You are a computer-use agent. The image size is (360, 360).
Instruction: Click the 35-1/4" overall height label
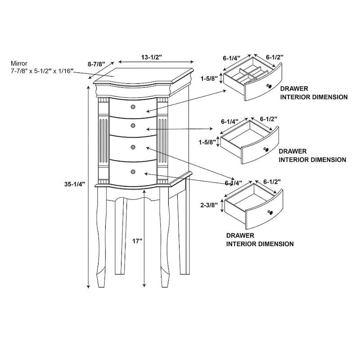tap(74, 184)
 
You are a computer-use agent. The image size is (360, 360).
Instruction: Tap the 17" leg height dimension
tap(137, 241)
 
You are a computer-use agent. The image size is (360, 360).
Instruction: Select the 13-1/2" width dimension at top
tap(152, 57)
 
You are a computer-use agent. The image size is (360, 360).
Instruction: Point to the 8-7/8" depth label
tap(96, 64)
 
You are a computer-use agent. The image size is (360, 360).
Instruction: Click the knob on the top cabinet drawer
tap(133, 106)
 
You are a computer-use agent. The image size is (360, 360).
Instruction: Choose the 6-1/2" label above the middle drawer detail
tap(269, 119)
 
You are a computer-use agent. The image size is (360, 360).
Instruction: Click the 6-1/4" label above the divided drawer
tap(232, 58)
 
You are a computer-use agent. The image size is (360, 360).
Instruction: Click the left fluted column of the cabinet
tap(103, 139)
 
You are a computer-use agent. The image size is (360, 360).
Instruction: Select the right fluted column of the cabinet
tap(162, 139)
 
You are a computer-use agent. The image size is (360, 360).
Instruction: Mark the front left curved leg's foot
tap(100, 281)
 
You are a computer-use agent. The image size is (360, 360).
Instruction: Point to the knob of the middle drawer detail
tap(266, 149)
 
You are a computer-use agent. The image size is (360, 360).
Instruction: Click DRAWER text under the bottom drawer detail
tap(241, 235)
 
